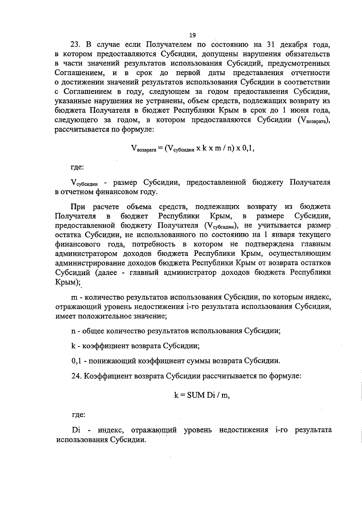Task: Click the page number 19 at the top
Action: (193, 34)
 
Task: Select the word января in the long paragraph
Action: (282, 235)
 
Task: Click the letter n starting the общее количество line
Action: (73, 331)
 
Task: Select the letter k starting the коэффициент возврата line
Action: (73, 346)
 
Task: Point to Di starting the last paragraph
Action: (75, 430)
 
